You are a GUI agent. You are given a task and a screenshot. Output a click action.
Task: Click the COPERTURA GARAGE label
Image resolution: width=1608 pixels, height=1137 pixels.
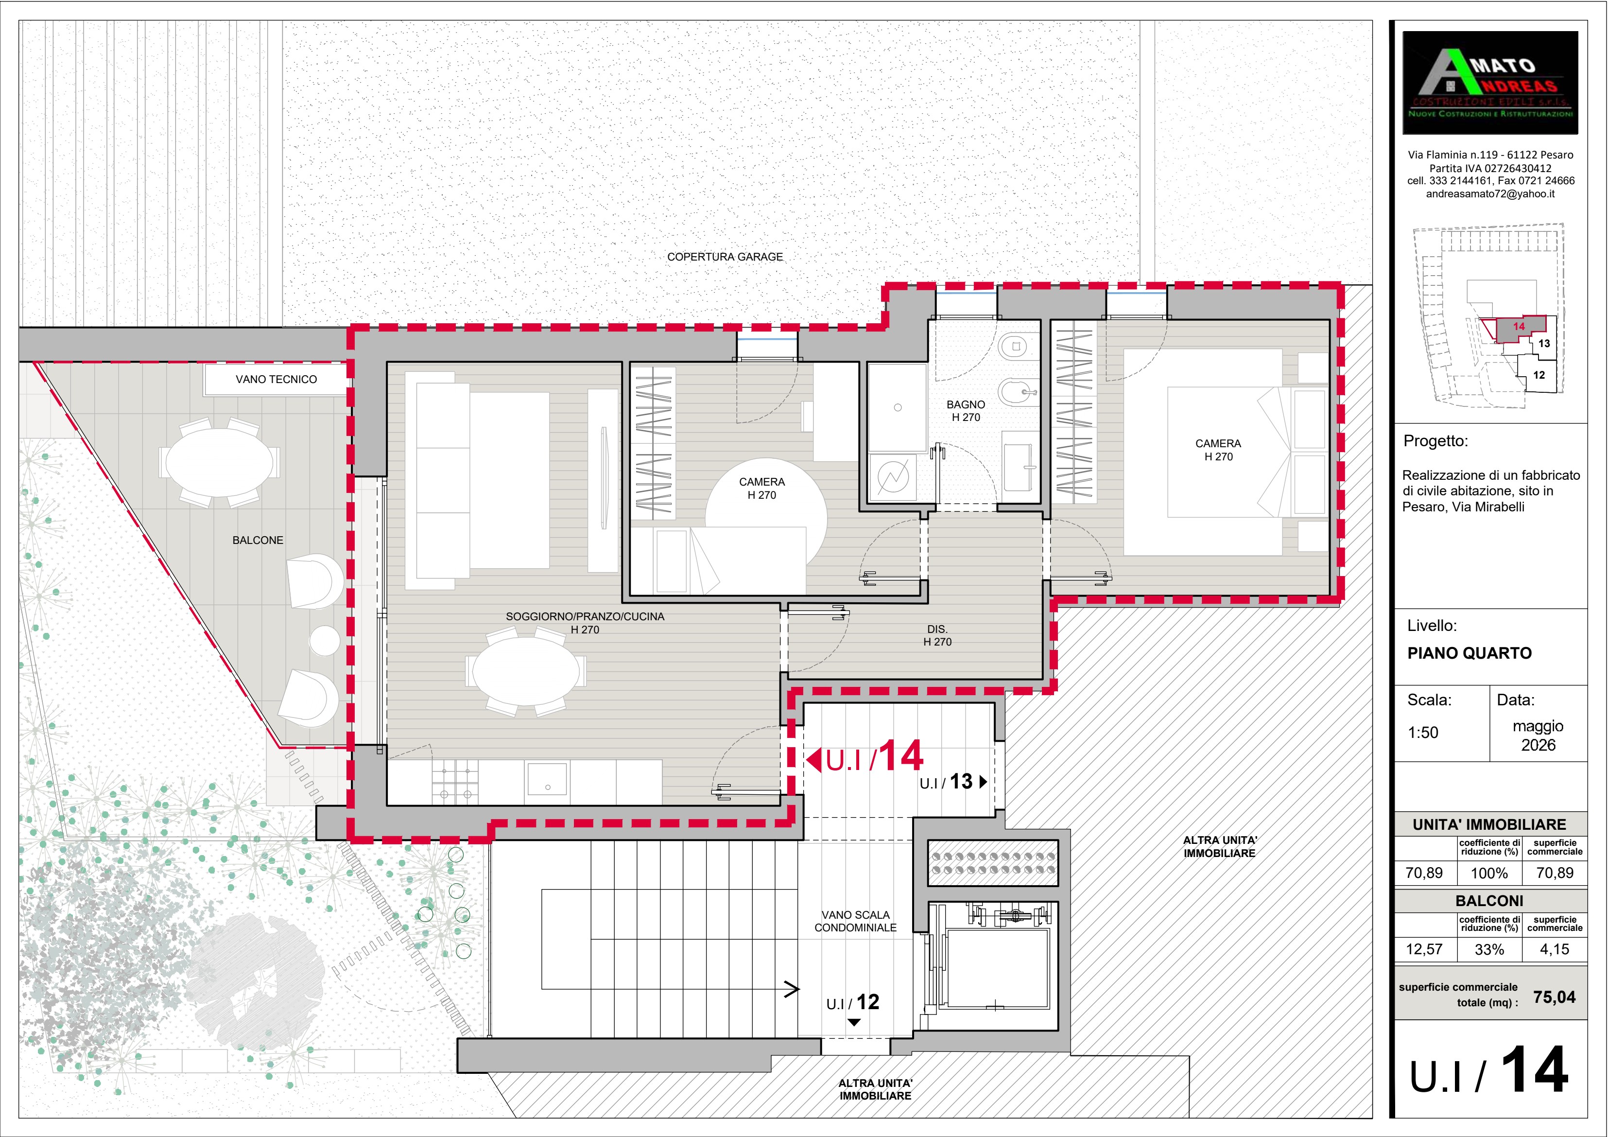point(725,257)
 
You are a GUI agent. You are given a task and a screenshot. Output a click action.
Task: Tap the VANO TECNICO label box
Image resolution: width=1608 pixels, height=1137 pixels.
point(276,380)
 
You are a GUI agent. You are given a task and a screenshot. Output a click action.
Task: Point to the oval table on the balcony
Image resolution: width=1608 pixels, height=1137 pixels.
point(219,462)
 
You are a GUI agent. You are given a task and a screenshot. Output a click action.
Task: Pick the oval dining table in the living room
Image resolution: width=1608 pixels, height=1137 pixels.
point(526,671)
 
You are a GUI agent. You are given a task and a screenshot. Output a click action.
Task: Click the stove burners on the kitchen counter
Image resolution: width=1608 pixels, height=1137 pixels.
point(455,782)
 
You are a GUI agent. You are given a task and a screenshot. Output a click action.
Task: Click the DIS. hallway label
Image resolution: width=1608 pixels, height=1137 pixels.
point(937,635)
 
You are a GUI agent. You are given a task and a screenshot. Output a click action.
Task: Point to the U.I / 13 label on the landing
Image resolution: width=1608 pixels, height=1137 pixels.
point(953,782)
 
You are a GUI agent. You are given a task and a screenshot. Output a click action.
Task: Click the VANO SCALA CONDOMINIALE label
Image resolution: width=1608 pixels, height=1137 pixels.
point(855,921)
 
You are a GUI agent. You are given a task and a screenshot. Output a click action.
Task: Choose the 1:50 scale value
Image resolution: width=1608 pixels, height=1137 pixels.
point(1423,733)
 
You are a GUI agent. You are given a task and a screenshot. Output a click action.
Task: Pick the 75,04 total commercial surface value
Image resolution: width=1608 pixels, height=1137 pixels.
point(1554,997)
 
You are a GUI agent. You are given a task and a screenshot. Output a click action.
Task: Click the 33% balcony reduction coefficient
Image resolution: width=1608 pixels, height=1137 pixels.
point(1489,950)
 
